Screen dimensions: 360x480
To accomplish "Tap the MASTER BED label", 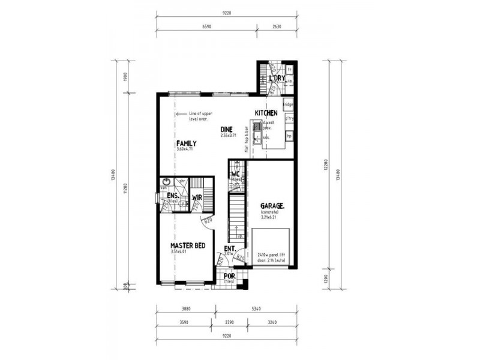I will pos(188,246).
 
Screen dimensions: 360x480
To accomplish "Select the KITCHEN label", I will pos(266,113).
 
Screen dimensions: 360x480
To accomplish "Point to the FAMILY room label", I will pos(186,143).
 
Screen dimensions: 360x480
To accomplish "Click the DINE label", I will pos(226,129).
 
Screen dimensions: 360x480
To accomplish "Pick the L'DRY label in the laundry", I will pos(277,79).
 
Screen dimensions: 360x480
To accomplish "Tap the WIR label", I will pos(196,197).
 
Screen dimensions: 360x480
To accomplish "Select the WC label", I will pos(236,175).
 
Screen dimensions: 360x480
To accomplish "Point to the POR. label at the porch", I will pos(229,277).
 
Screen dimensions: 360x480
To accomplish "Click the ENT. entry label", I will pos(229,248).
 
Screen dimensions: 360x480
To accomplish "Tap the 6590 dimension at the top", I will pos(206,27).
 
